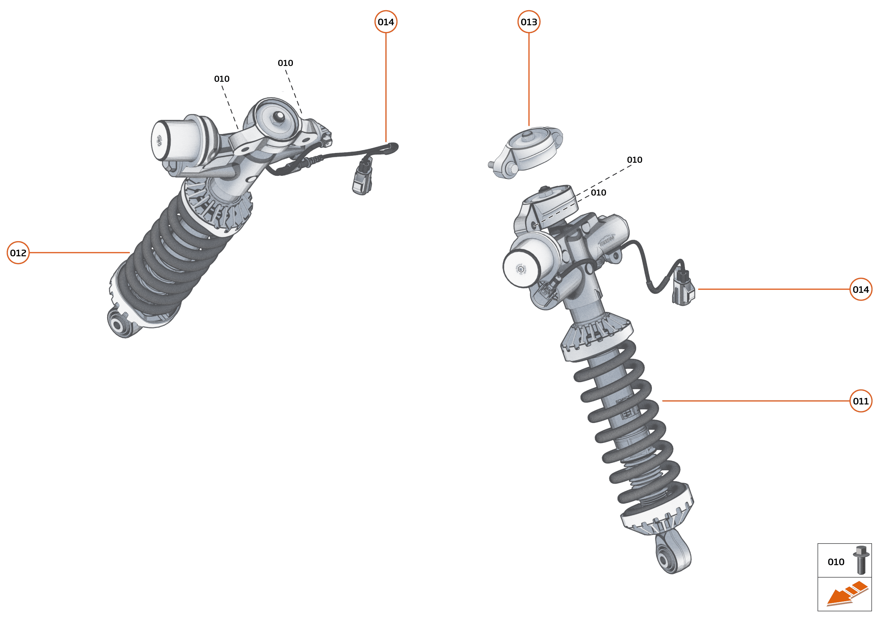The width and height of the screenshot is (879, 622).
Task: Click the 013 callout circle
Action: (528, 22)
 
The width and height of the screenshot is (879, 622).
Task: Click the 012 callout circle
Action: (18, 253)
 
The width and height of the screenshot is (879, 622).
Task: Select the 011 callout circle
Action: (861, 401)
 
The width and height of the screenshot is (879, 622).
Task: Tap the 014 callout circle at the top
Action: (386, 22)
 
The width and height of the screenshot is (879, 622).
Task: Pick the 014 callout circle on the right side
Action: (861, 289)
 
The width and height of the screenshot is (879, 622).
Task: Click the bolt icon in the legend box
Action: (861, 560)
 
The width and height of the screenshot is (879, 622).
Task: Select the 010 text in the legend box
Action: (836, 562)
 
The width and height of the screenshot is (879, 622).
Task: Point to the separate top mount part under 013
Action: (528, 151)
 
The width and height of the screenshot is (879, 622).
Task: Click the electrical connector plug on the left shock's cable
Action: (362, 178)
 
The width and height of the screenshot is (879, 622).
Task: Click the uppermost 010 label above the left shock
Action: (285, 63)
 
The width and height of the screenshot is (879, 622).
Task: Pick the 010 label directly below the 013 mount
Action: (598, 193)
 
